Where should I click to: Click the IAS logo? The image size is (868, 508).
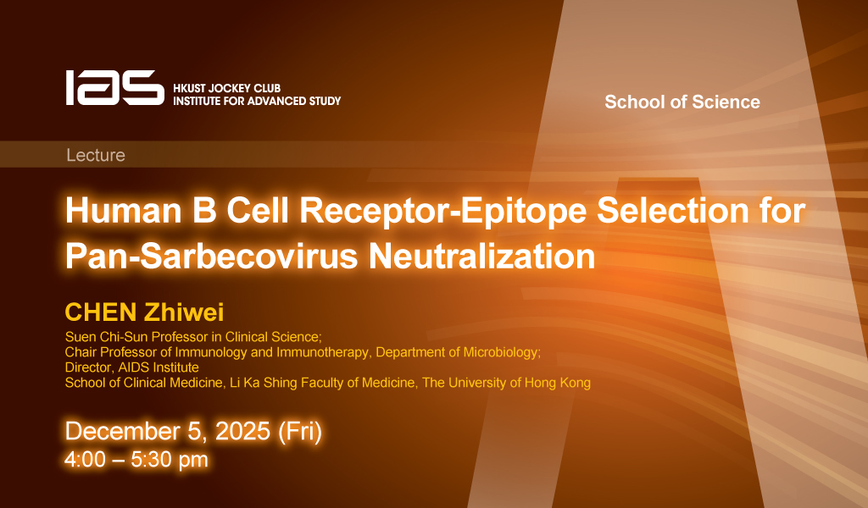click(115, 87)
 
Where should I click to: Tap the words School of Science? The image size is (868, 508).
click(682, 102)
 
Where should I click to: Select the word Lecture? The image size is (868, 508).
click(96, 155)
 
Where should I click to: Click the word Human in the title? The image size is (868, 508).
click(124, 211)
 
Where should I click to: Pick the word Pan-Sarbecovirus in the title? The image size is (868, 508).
click(212, 256)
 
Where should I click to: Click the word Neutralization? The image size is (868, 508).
click(481, 256)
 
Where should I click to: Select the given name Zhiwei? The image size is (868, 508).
click(184, 312)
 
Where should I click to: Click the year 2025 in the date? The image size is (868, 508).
click(242, 431)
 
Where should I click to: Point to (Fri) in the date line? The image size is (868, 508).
click(299, 432)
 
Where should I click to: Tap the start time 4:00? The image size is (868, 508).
click(85, 460)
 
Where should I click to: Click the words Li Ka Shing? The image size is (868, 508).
click(255, 383)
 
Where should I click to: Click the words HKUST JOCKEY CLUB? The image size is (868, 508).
click(227, 88)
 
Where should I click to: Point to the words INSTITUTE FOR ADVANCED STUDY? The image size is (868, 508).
click(257, 101)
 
